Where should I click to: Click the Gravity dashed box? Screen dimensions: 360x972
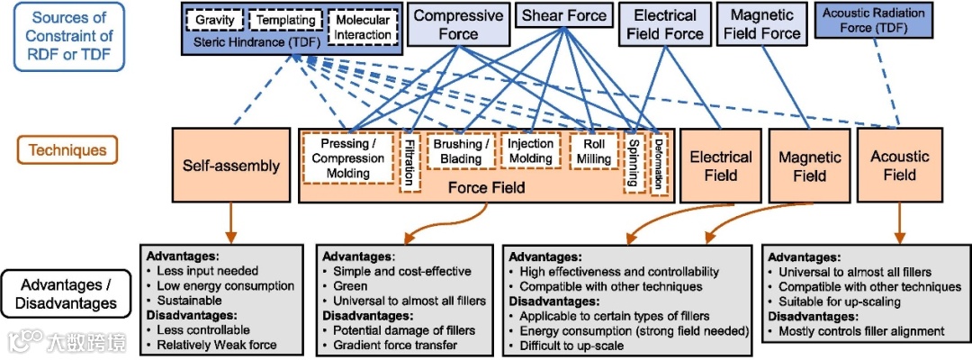pos(215,20)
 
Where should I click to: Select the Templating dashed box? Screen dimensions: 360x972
pos(284,20)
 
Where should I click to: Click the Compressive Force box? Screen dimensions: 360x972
pos(458,24)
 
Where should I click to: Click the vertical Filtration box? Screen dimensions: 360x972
pos(409,162)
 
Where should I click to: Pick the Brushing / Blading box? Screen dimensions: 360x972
pos(461,151)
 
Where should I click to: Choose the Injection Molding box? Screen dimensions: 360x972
pos(530,150)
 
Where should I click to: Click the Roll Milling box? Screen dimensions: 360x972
pos(594,151)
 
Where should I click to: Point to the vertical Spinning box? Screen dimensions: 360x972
pos(634,163)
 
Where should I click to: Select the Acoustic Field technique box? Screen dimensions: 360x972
pos(900,165)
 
